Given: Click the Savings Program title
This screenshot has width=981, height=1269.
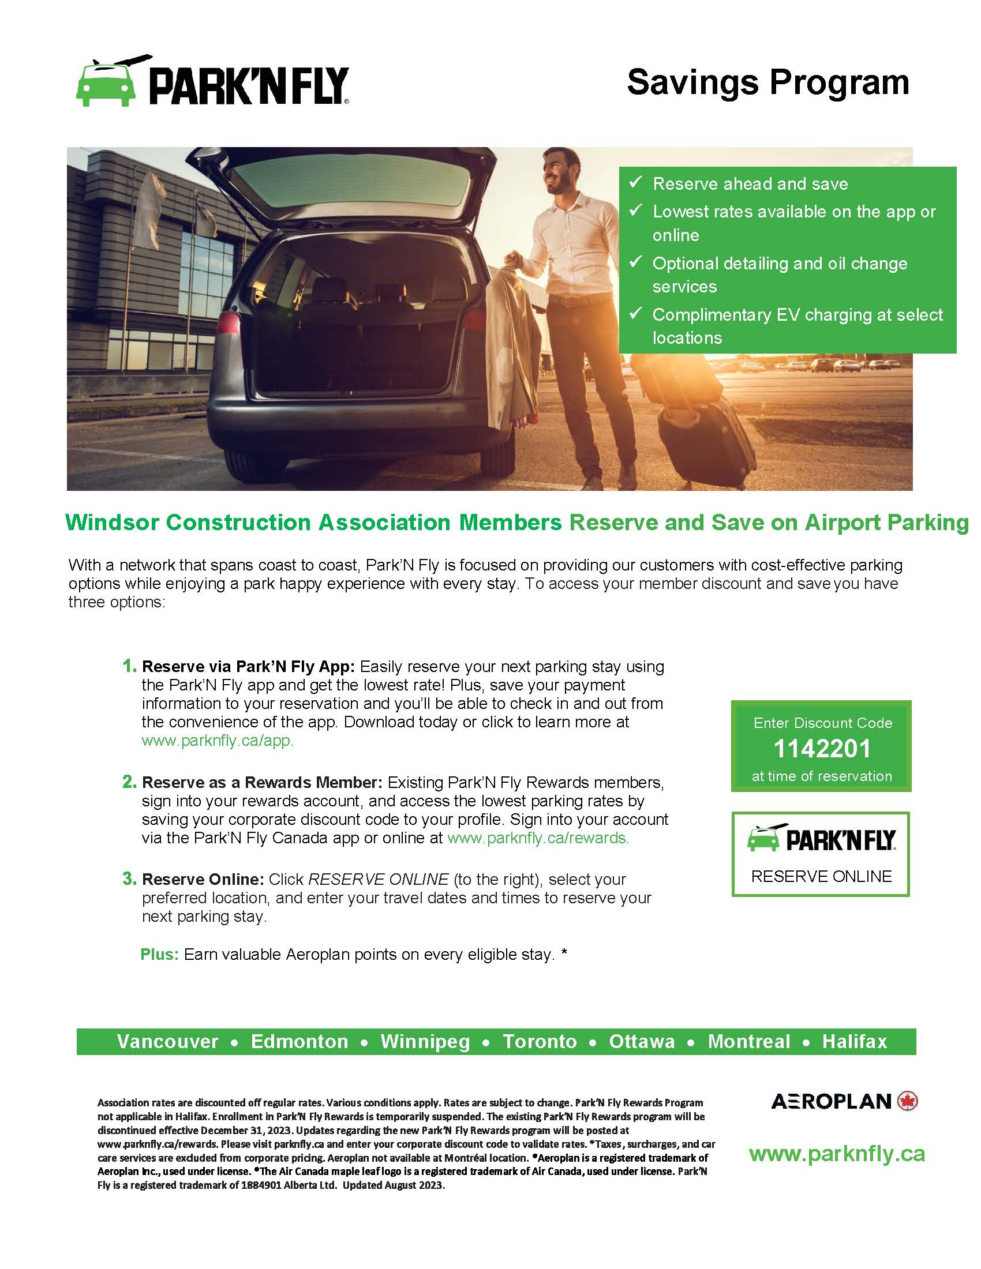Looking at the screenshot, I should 767,82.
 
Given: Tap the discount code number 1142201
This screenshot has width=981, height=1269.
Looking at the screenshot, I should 822,748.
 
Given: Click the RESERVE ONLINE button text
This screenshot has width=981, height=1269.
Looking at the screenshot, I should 821,876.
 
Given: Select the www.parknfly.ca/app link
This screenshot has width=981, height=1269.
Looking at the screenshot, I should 218,741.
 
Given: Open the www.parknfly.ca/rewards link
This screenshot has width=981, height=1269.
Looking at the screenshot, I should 538,838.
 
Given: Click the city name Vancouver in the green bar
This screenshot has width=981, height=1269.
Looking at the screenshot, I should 167,1041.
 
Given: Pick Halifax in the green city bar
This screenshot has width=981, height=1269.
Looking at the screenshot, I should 854,1041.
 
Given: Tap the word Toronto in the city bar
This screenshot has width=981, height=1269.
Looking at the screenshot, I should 540,1041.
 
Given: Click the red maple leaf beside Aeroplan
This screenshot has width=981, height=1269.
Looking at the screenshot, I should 907,1101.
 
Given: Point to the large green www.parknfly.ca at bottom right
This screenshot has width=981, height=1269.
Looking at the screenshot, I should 836,1154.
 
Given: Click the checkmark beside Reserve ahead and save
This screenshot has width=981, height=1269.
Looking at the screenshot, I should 636,182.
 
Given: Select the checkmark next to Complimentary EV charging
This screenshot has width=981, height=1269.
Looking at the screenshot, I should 636,313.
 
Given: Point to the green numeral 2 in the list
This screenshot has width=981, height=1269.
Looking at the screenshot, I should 129,782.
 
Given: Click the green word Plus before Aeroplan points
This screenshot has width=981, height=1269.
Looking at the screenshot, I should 159,955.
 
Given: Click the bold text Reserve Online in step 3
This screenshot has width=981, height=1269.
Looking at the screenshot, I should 203,879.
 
